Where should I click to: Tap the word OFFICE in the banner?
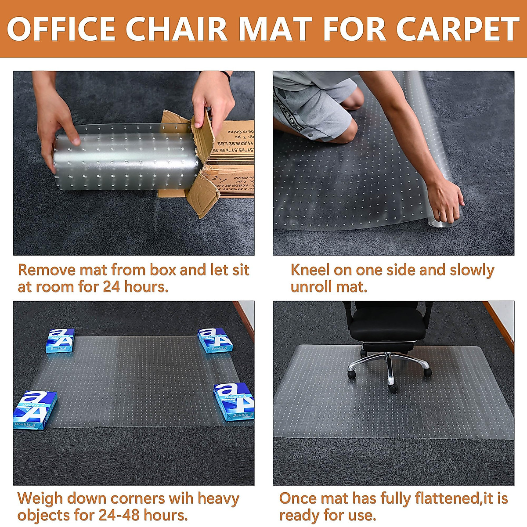pyautogui.click(x=62, y=29)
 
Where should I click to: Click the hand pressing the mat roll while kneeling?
pyautogui.click(x=446, y=204)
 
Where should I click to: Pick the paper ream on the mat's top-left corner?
pyautogui.click(x=60, y=340)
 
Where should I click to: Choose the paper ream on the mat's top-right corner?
pyautogui.click(x=215, y=340)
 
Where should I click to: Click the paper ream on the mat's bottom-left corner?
pyautogui.click(x=35, y=409)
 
